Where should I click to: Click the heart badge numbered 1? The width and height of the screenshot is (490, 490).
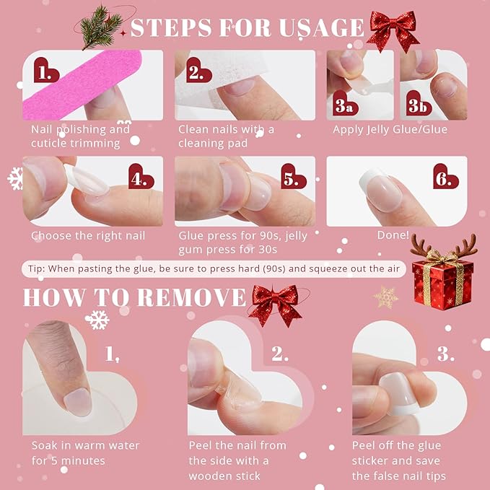coord(48,73)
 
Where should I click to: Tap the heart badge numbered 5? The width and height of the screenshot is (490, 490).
coord(291,177)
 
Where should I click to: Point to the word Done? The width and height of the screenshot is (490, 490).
coord(393,235)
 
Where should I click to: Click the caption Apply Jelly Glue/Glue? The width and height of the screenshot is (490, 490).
coord(390,129)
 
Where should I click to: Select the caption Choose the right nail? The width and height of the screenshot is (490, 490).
coord(88,235)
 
